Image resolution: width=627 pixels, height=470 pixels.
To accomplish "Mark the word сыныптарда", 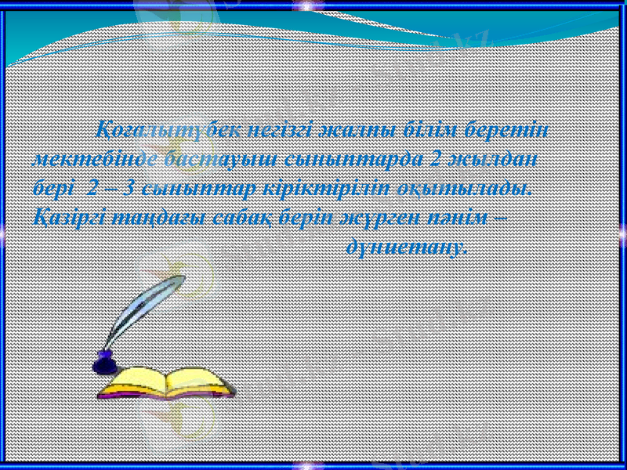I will point(341,159).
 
